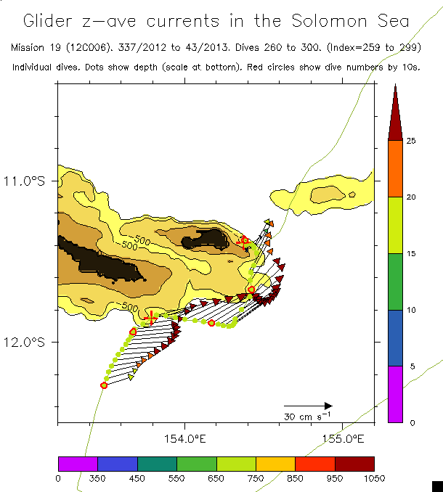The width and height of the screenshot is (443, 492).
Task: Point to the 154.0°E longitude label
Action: tap(185, 438)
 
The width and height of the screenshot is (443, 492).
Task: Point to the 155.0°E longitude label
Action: tap(343, 438)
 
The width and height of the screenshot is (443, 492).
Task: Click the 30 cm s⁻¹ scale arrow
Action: tap(308, 406)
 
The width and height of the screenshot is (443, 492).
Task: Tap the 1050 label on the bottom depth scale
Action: tap(373, 477)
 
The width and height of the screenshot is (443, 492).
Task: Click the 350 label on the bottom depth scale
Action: tap(97, 477)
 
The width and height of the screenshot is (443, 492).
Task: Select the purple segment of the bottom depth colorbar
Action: tap(78, 464)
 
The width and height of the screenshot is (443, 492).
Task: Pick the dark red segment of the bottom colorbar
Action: tap(354, 464)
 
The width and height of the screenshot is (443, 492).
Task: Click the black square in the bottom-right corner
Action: tap(437, 485)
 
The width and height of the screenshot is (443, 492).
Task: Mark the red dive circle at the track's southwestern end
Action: tap(104, 385)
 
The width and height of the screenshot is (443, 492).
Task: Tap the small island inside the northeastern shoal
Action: tap(352, 194)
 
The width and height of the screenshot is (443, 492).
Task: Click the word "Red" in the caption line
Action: tap(279, 67)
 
